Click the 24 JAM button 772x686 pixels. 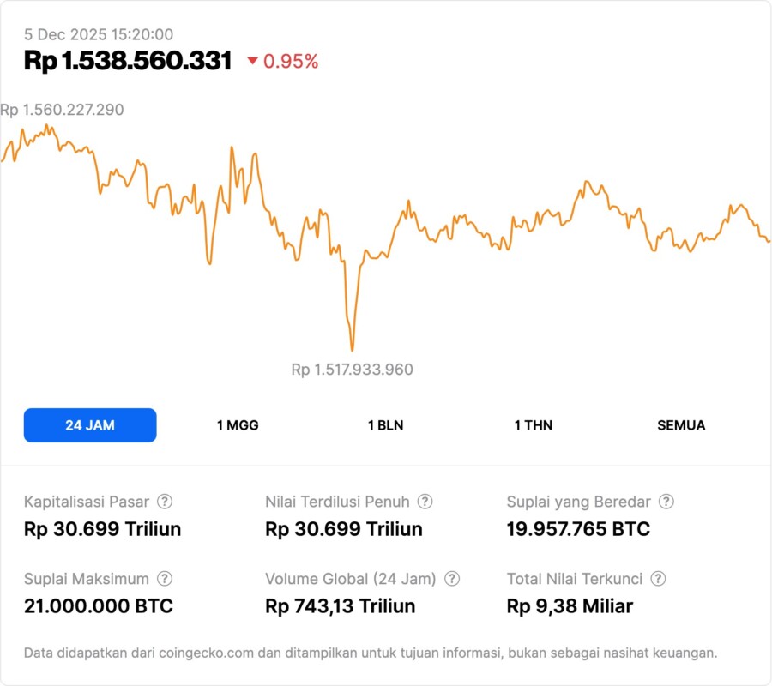pyautogui.click(x=90, y=425)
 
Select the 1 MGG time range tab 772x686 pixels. pyautogui.click(x=238, y=425)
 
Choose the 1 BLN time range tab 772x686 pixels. pyautogui.click(x=385, y=425)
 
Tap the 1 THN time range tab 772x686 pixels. pyautogui.click(x=534, y=425)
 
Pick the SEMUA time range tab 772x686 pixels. pyautogui.click(x=681, y=425)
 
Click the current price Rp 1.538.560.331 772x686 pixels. pyautogui.click(x=128, y=61)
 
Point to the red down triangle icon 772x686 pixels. pyautogui.click(x=252, y=61)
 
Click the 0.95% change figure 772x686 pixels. pyautogui.click(x=291, y=62)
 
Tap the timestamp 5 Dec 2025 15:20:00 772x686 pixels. pyautogui.click(x=99, y=34)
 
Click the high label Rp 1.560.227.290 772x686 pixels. pyautogui.click(x=62, y=110)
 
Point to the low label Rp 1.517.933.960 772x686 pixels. pyautogui.click(x=352, y=370)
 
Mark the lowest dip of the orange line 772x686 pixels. pyautogui.click(x=352, y=349)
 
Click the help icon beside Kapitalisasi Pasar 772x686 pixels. pyautogui.click(x=165, y=502)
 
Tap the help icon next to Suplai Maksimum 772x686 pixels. pyautogui.click(x=165, y=579)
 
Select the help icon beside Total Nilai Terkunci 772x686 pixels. pyautogui.click(x=658, y=579)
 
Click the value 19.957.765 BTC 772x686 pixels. pyautogui.click(x=578, y=529)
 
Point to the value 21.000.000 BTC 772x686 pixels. pyautogui.click(x=99, y=606)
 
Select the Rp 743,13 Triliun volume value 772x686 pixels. pyautogui.click(x=341, y=606)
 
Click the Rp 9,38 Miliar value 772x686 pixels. pyautogui.click(x=570, y=606)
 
